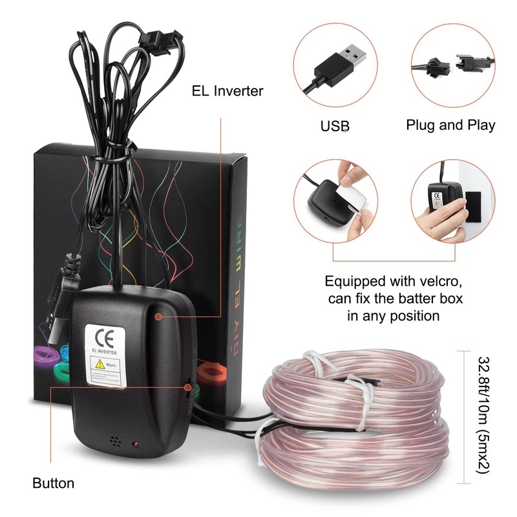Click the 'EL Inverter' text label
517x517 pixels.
pos(227,91)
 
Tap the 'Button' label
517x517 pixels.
pos(53,483)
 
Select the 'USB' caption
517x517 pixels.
pos(335,125)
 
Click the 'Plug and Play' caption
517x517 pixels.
pos(450,125)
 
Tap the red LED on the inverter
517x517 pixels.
pos(136,445)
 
